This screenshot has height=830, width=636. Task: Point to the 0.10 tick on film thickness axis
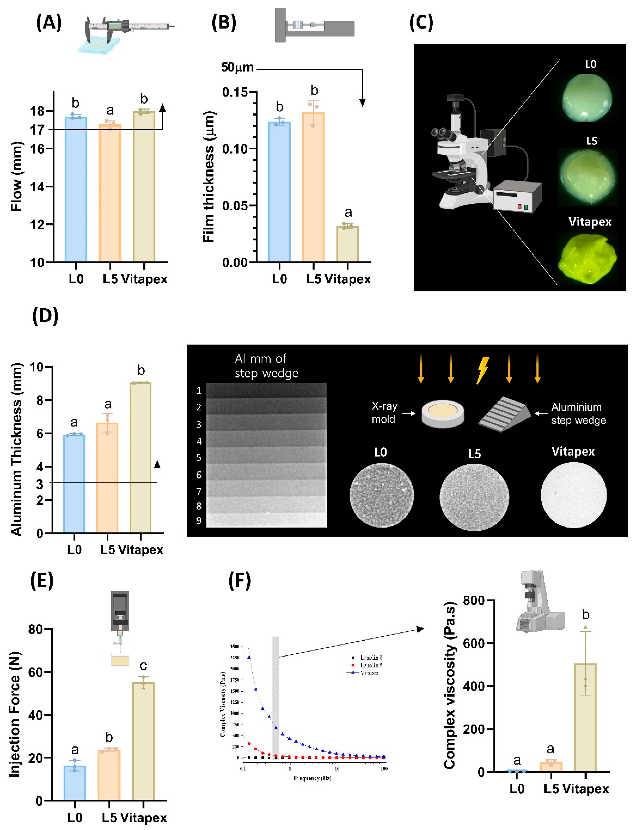click(235, 149)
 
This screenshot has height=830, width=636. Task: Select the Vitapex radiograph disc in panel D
click(574, 495)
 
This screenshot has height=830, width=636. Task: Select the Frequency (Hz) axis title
click(312, 778)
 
